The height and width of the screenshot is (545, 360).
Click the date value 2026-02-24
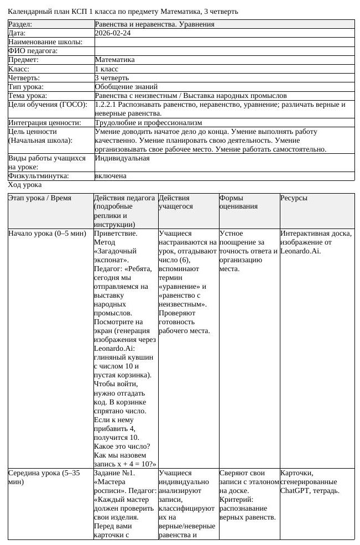click(113, 33)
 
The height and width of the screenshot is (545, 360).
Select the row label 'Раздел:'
click(20, 24)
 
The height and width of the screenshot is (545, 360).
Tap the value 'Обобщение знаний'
click(126, 87)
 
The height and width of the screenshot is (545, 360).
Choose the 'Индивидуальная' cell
click(122, 158)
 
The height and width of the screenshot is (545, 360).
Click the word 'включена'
click(111, 176)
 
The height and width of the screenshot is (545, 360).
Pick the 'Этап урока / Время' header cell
click(39, 198)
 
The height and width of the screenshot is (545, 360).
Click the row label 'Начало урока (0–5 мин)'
click(47, 233)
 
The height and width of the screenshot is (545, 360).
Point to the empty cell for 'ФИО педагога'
click(224, 51)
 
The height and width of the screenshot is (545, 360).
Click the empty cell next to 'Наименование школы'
click(224, 42)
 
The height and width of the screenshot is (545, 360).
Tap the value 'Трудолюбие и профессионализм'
click(148, 123)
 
